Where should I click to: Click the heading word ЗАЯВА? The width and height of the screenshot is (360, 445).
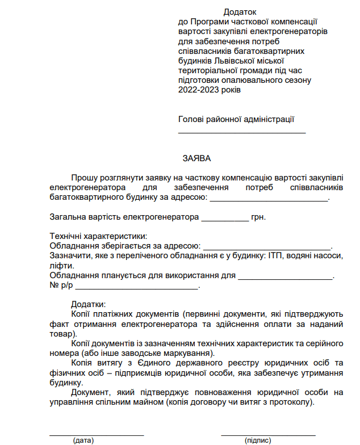(196, 158)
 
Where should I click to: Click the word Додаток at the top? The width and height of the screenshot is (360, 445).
(240, 11)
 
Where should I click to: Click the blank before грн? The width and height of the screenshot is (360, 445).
(225, 220)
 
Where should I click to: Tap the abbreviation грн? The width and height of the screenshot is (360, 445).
(258, 217)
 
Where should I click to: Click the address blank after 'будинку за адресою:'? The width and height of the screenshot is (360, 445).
(269, 200)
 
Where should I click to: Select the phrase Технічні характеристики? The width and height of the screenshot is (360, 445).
(98, 236)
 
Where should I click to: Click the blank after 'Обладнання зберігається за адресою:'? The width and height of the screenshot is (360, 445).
(267, 249)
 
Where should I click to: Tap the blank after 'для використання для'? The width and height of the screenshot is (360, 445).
(285, 279)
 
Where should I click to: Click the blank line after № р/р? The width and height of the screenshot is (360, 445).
(133, 289)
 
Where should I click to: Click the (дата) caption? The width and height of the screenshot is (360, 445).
(83, 440)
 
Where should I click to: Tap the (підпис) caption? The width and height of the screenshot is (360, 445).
(258, 440)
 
